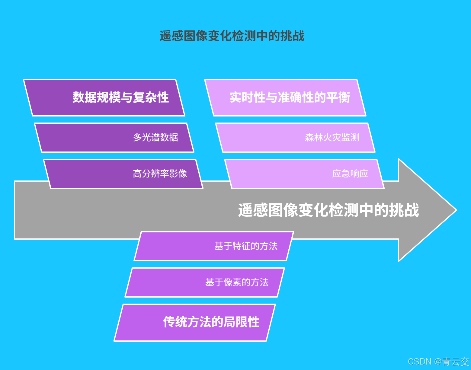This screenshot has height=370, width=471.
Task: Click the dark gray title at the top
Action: [x=232, y=36]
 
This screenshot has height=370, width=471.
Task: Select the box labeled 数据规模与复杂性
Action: [x=104, y=97]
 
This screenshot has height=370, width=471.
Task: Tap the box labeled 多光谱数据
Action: [x=114, y=138]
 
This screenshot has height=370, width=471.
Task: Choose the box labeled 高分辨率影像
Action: [x=123, y=174]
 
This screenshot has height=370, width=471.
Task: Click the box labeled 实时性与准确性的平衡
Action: [x=285, y=97]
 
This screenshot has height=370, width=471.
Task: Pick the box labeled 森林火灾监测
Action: [x=295, y=138]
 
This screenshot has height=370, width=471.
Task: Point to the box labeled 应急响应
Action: [x=304, y=174]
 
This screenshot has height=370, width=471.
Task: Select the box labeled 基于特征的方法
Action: [x=214, y=246]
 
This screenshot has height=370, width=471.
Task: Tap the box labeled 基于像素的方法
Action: [x=205, y=282]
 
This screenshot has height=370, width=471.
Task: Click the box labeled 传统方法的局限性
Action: [x=195, y=322]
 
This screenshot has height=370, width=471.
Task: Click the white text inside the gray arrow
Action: [x=328, y=210]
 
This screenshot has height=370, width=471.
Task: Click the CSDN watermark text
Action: [x=420, y=361]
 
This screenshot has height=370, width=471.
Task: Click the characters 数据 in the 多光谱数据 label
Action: [x=169, y=138]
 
